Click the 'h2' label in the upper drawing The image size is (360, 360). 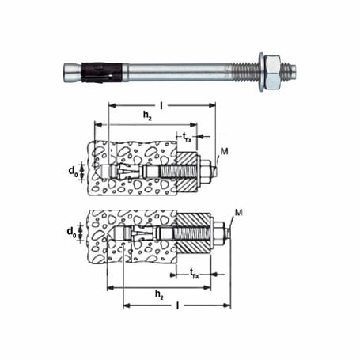pos(146,116)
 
